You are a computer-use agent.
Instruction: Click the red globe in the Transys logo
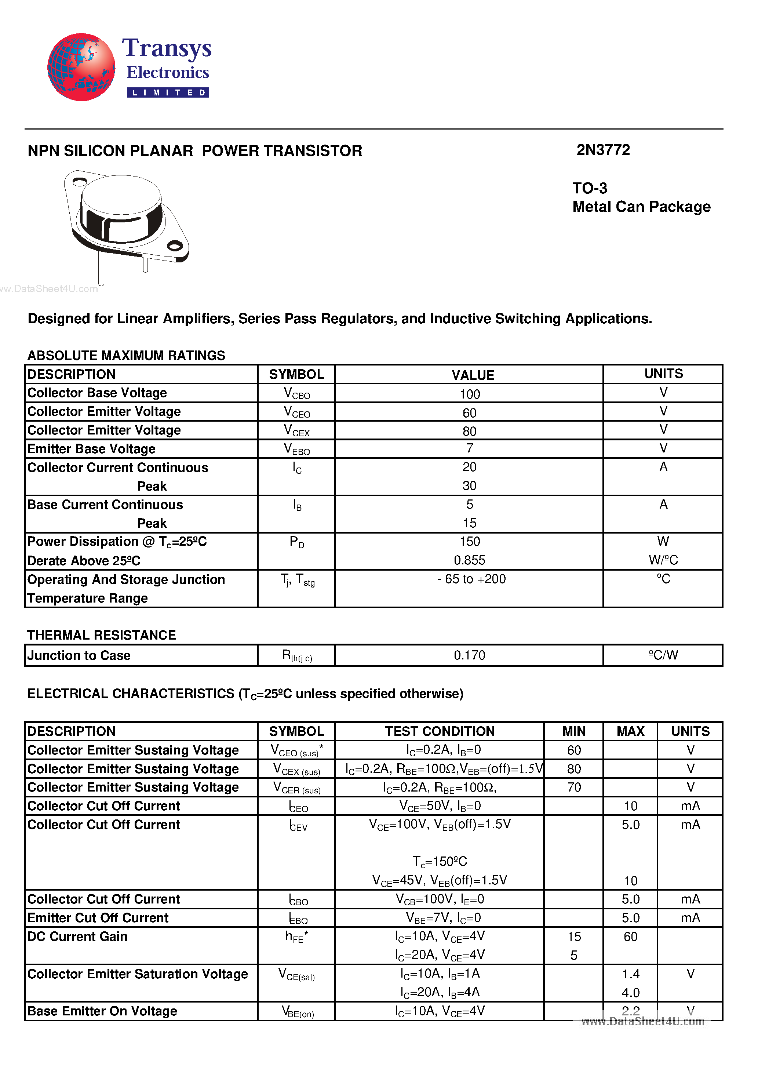[81, 67]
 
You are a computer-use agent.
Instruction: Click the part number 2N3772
[603, 150]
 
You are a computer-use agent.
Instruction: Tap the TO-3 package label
[590, 188]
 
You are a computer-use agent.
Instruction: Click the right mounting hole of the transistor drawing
[175, 245]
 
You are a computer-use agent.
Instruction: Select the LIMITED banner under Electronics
[168, 92]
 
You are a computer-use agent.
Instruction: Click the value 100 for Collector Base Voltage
[469, 394]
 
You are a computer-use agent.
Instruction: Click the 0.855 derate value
[469, 560]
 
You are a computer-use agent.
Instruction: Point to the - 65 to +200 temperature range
[471, 579]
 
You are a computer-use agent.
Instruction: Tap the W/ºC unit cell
[663, 560]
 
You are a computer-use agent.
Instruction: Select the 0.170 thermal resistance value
[469, 655]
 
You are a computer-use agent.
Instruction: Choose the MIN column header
[573, 731]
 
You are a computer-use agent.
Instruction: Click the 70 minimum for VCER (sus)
[573, 788]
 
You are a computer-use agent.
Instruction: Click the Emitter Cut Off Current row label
[98, 918]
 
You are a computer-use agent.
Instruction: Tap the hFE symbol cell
[296, 937]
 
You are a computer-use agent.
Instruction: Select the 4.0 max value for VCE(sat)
[630, 993]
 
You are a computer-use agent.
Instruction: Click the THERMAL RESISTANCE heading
[101, 635]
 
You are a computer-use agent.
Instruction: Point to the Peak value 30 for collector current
[469, 485]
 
